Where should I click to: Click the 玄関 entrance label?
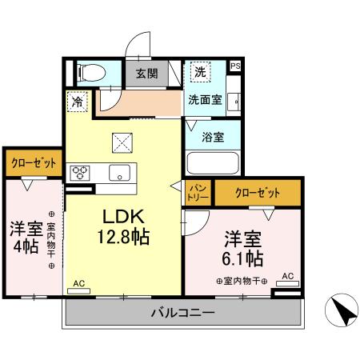click(146, 74)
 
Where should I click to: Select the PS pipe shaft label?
click(235, 66)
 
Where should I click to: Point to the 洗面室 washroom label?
click(204, 101)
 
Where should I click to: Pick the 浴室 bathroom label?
click(211, 136)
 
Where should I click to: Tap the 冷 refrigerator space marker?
click(78, 102)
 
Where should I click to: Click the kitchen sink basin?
click(120, 172)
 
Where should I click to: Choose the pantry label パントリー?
click(198, 190)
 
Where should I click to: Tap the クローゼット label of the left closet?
click(34, 162)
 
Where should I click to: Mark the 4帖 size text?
click(24, 246)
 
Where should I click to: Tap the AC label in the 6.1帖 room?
click(288, 276)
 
